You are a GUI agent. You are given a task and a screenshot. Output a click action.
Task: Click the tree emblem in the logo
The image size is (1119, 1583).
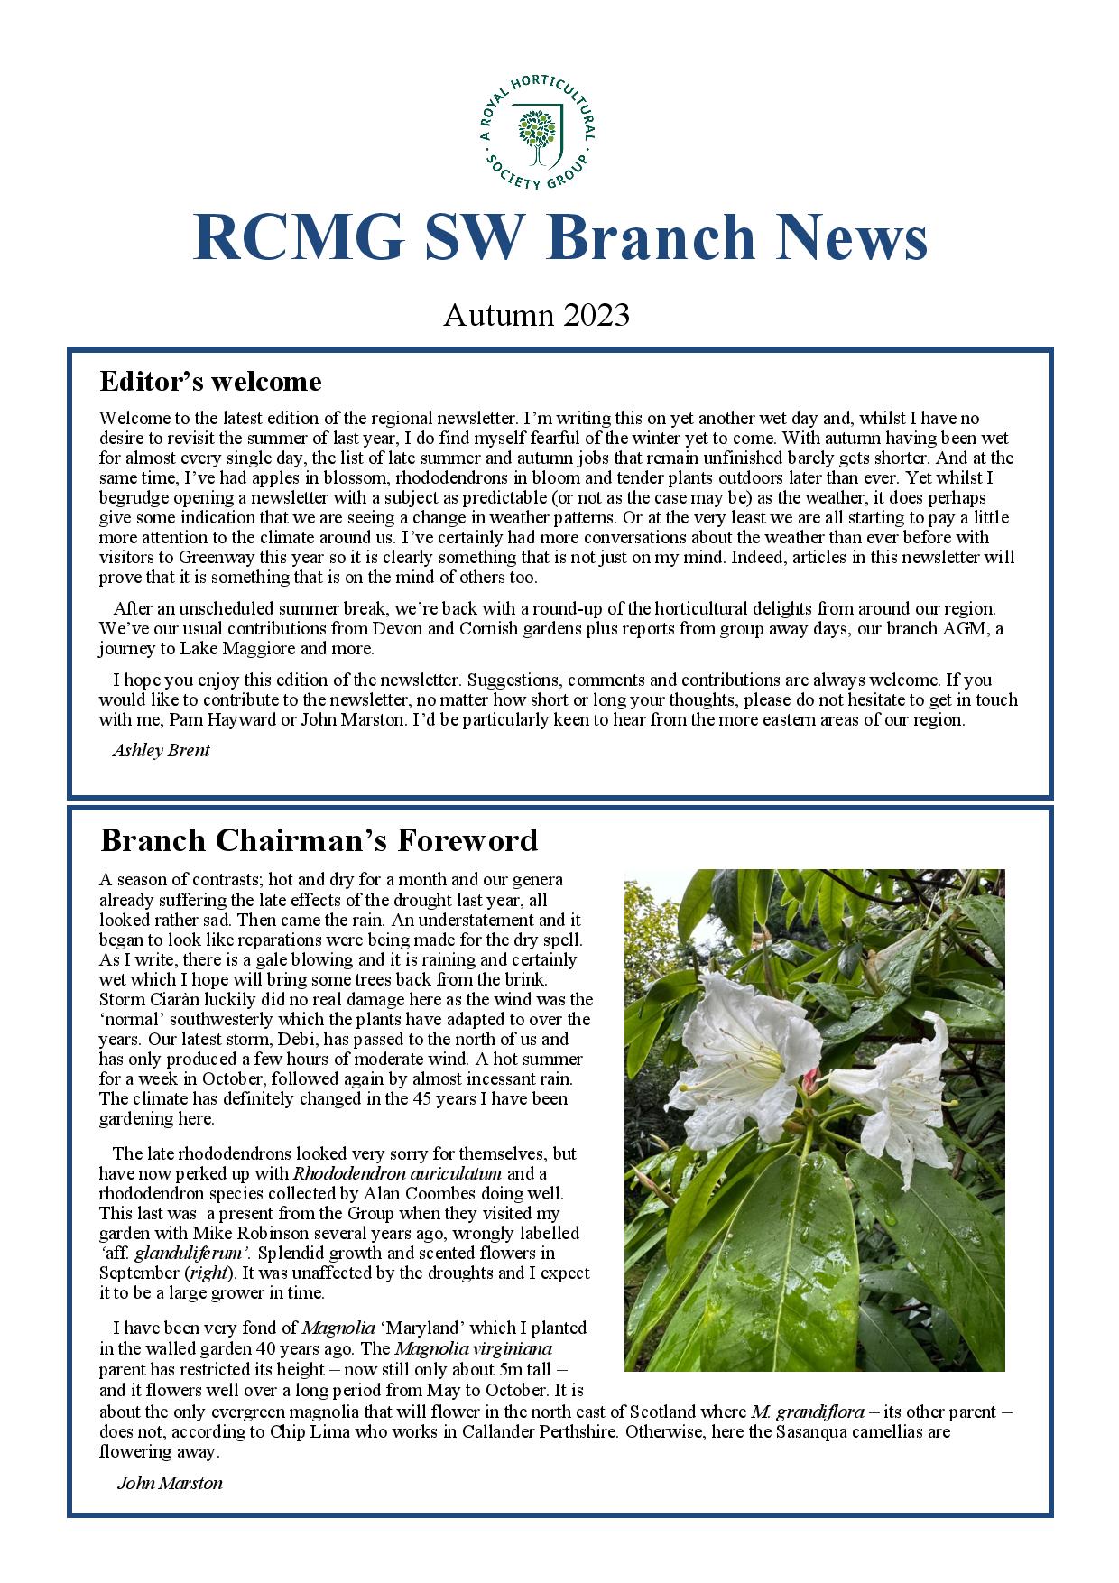click(x=538, y=134)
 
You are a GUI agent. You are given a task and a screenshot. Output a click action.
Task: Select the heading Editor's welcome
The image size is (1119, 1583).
click(x=210, y=382)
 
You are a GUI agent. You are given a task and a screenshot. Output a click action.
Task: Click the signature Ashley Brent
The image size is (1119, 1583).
click(x=161, y=750)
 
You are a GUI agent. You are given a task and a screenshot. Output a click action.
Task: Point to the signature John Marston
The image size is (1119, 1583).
click(x=170, y=1483)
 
